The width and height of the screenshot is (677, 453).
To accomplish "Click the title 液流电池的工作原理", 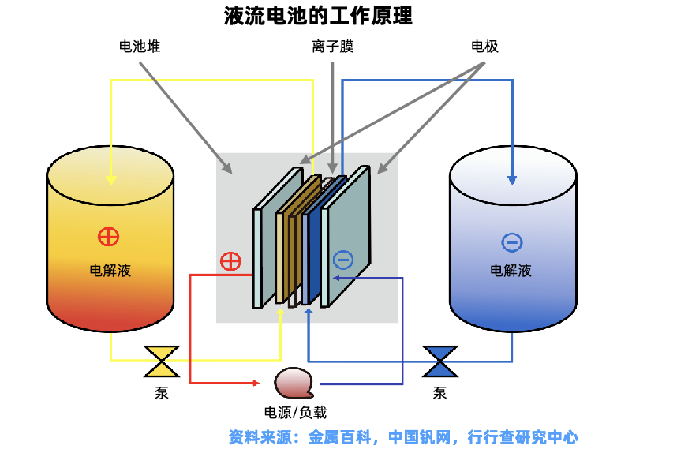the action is (x=318, y=16).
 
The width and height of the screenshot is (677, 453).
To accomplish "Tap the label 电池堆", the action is (x=140, y=47).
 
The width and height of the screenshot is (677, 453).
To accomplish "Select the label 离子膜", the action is (x=333, y=47).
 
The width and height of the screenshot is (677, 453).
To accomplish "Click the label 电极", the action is (x=484, y=47).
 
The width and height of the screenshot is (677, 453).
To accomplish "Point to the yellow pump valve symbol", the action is (x=162, y=361).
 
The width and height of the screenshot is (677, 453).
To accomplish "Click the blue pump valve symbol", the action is (x=440, y=361).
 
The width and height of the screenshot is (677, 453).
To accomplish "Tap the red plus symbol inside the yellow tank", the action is (x=108, y=237).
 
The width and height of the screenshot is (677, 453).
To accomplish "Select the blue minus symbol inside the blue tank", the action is (x=512, y=242).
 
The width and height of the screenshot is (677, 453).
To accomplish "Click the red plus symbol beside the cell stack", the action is (x=230, y=261).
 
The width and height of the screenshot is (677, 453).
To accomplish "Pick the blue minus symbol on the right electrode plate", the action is (x=343, y=260).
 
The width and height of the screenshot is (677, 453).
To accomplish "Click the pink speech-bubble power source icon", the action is (x=294, y=383).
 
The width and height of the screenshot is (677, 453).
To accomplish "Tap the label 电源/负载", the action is (x=295, y=413).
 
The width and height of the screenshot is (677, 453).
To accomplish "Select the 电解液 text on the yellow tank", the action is (x=110, y=271).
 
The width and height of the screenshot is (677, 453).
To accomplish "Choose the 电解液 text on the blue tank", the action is (x=511, y=271).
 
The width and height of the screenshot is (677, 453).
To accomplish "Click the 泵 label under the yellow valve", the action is (x=162, y=392).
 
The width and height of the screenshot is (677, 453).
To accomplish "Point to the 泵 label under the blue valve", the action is (x=439, y=392).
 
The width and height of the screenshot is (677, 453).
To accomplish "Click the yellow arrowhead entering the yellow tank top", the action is (x=111, y=180).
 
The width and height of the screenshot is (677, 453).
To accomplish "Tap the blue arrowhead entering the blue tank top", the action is (x=512, y=180).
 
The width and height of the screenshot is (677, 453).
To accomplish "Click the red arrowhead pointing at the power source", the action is (x=256, y=383).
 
